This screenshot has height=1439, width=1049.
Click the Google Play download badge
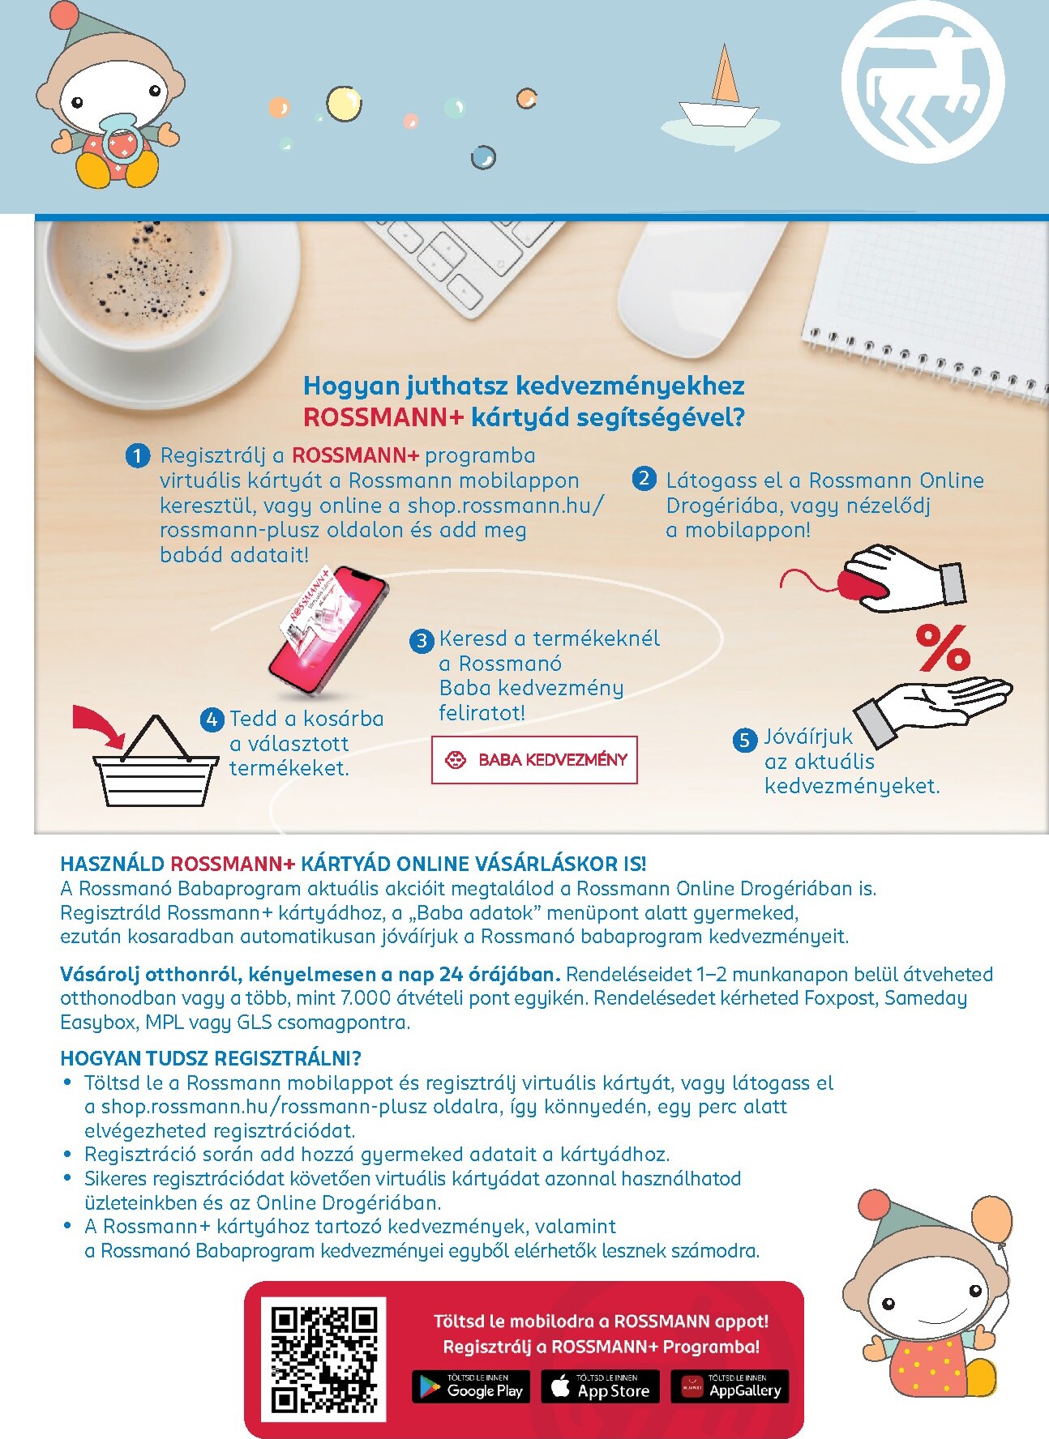coord(471,1386)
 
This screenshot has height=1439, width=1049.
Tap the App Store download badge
coord(600,1386)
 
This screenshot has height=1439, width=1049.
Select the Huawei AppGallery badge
coord(730,1386)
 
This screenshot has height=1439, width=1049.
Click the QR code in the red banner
coord(324,1359)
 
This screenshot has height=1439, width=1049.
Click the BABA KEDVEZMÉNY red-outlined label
coord(534,760)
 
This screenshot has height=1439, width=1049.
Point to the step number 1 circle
coord(138,456)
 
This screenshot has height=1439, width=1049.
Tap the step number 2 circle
coord(644,479)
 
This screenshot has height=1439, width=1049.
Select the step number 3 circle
coord(422,641)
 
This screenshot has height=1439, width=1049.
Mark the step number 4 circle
coord(212,719)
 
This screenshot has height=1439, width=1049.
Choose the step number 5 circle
coord(744,740)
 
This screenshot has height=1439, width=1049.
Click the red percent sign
coord(943,647)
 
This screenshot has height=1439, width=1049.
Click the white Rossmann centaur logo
coord(923,83)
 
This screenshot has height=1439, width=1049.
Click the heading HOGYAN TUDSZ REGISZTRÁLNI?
coord(211,1058)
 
